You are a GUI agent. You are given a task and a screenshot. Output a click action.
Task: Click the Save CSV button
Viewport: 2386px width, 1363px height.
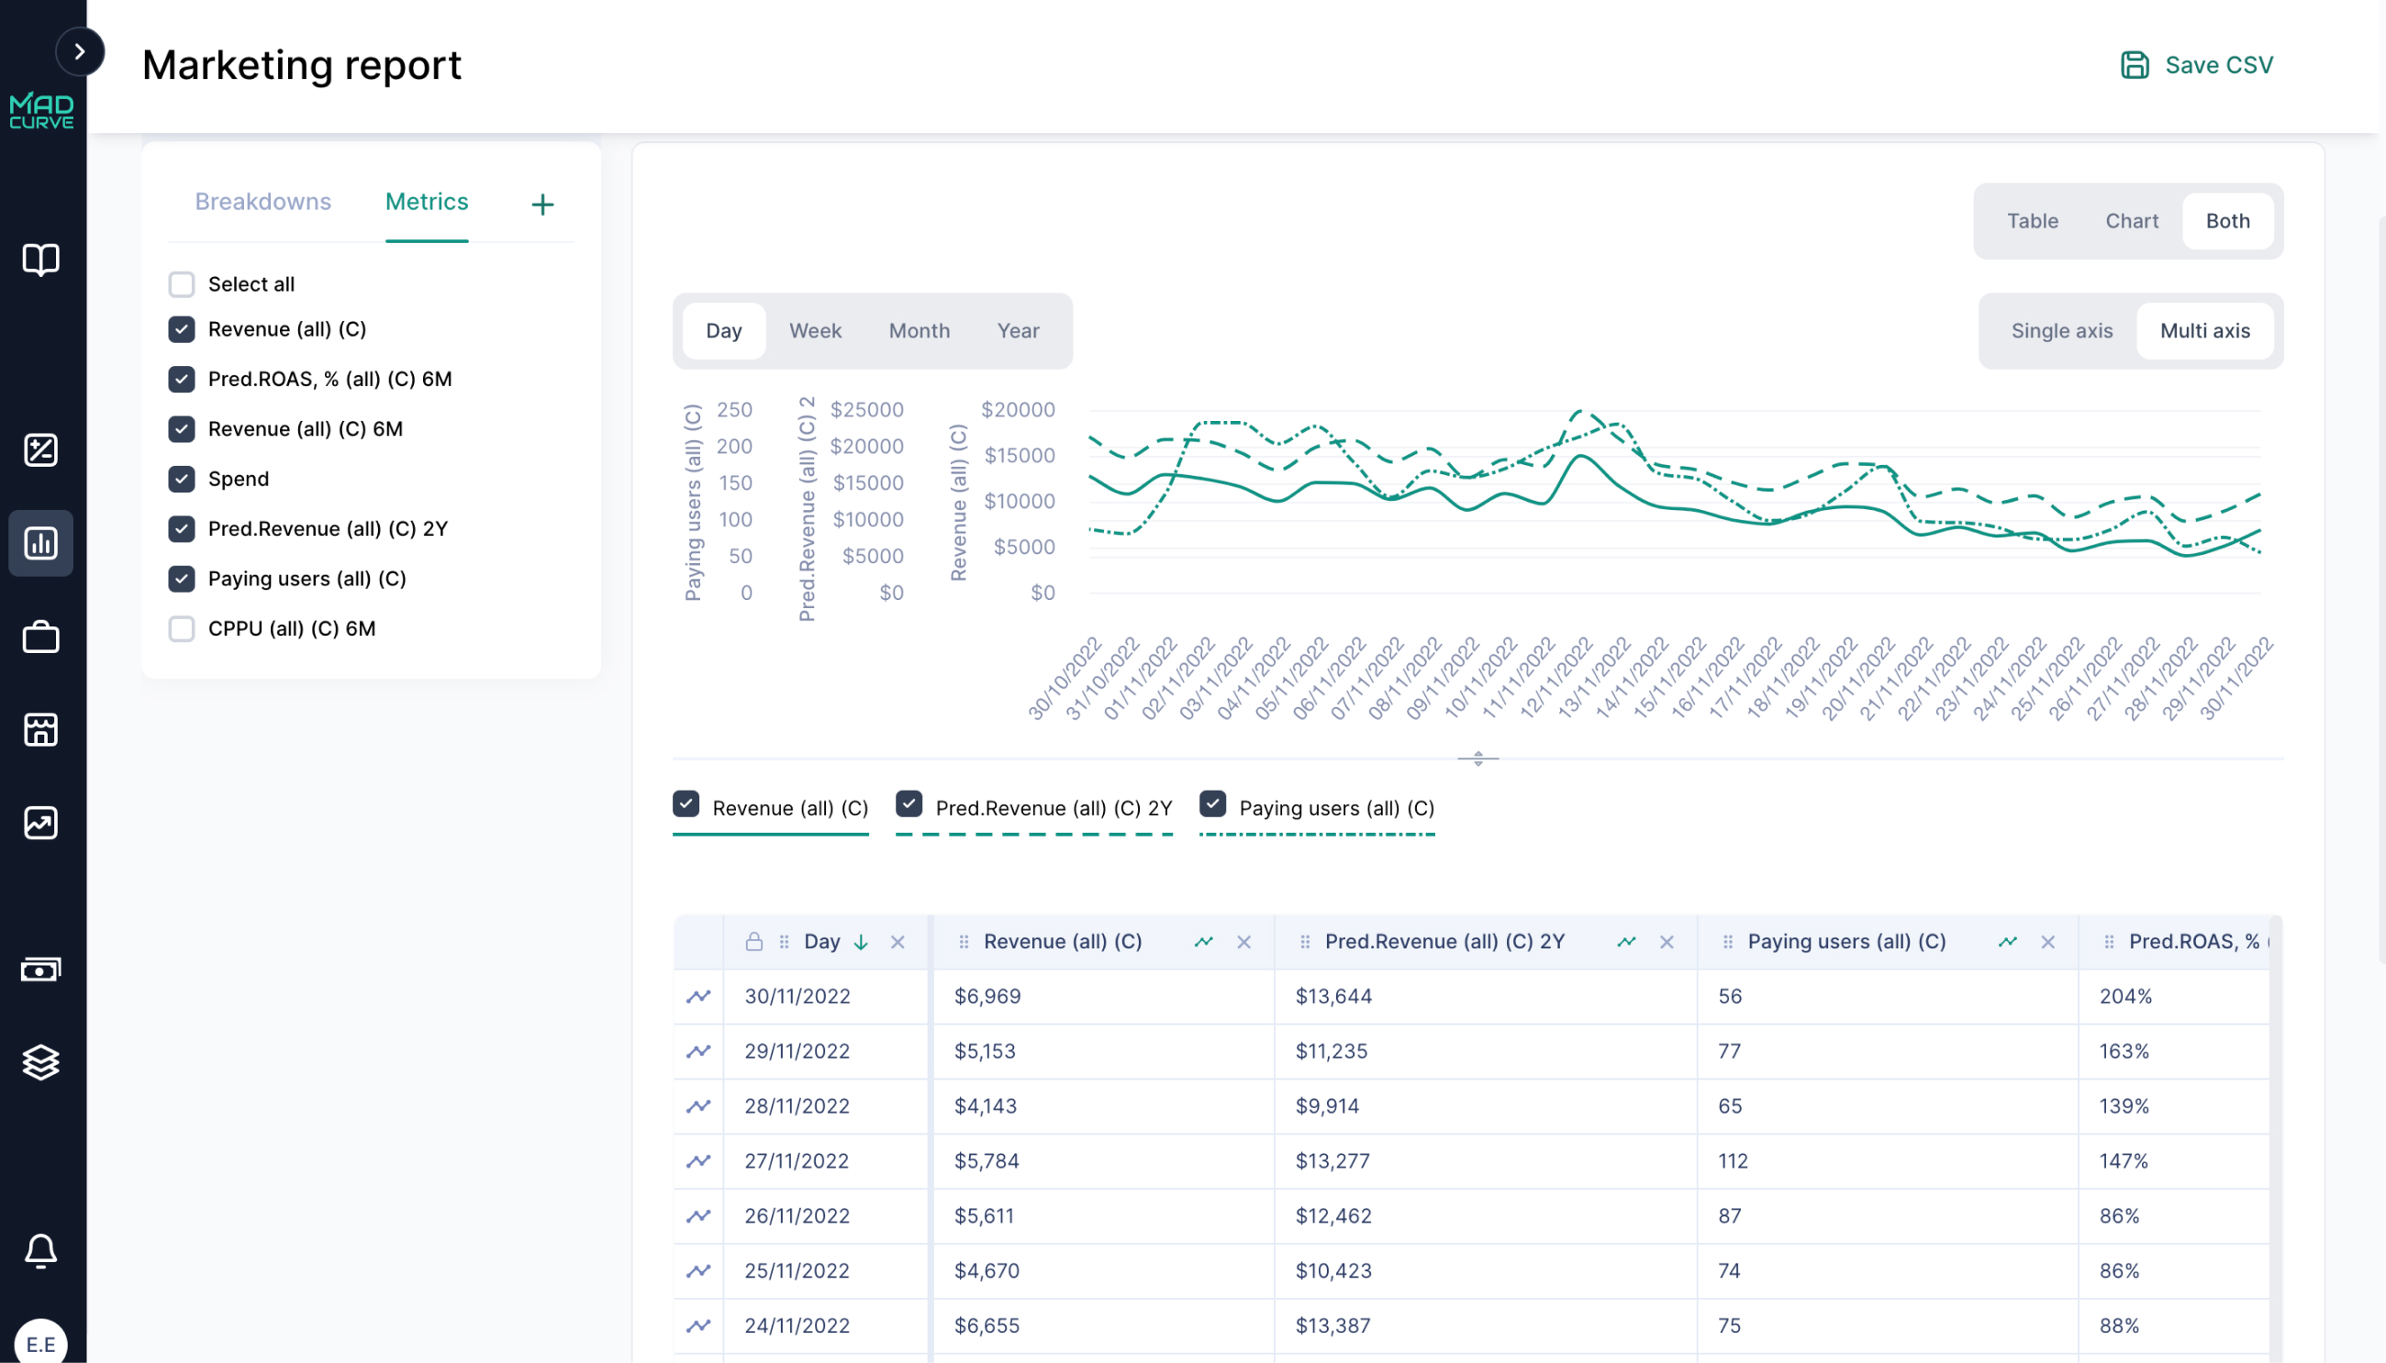click(x=2196, y=64)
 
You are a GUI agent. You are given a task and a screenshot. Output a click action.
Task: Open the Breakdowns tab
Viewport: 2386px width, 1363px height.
click(x=262, y=201)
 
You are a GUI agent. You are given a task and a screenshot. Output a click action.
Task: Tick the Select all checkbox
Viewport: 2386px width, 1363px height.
click(x=182, y=283)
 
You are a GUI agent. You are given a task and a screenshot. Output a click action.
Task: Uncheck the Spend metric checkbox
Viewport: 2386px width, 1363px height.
click(x=182, y=479)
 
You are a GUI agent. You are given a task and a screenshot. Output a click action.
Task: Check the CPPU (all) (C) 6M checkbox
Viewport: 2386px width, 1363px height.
click(x=182, y=628)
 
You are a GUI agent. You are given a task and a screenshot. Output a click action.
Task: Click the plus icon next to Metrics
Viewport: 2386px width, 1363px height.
click(x=542, y=204)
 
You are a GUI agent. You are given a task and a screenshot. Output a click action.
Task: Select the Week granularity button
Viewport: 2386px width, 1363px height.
click(x=815, y=330)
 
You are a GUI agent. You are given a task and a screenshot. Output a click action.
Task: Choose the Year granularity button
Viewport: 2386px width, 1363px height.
click(x=1017, y=330)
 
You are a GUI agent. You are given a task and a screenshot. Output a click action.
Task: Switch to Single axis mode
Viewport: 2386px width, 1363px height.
click(x=2061, y=330)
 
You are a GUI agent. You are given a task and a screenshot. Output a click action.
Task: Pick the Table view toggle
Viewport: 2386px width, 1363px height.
click(x=2031, y=221)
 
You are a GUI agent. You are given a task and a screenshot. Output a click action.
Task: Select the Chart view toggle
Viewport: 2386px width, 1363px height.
click(x=2131, y=221)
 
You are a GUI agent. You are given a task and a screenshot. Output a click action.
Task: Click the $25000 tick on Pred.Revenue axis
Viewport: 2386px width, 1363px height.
click(x=866, y=409)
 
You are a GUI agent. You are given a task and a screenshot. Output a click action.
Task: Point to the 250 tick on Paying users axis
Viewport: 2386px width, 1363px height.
click(x=733, y=409)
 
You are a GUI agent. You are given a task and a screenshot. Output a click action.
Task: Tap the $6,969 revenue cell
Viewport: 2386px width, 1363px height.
click(x=987, y=996)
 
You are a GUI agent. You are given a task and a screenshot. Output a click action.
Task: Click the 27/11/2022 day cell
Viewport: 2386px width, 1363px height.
click(x=797, y=1161)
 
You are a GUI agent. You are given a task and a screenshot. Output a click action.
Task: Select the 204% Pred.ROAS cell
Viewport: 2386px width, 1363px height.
click(x=2124, y=996)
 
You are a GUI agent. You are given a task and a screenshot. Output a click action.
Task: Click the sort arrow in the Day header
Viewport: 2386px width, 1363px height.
click(x=861, y=942)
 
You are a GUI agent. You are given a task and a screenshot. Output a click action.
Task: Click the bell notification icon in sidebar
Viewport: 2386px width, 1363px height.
click(x=40, y=1251)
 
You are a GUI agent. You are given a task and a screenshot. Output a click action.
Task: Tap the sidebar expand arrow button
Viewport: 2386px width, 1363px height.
click(x=80, y=51)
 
